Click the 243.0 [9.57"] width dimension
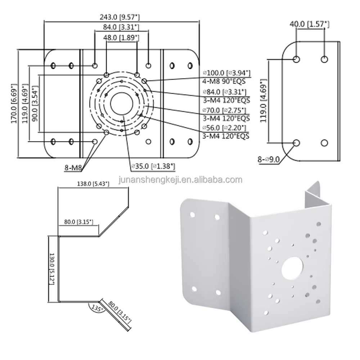click(122, 17)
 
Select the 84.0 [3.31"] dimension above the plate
click(122, 27)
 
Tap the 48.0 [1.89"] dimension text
click(122, 37)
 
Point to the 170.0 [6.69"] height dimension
click(14, 104)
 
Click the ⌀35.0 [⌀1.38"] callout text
click(153, 166)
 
